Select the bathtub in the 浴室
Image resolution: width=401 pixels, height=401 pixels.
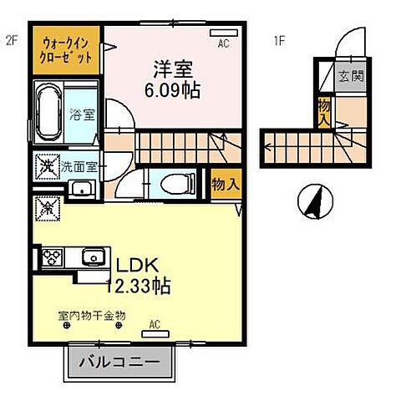(47, 110)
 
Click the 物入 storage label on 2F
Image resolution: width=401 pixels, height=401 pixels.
(221, 183)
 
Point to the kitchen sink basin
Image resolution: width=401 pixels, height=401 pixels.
(92, 256)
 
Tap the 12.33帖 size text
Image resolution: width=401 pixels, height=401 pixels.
(138, 287)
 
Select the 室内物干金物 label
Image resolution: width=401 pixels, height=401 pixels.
(92, 315)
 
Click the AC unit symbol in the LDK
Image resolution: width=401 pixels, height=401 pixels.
(155, 332)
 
